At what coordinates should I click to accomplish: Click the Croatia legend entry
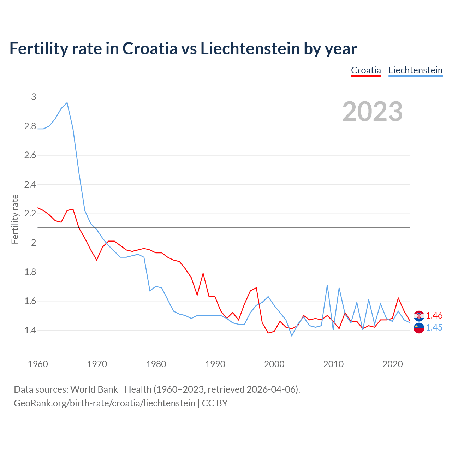366,70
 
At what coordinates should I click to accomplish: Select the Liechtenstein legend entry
415,70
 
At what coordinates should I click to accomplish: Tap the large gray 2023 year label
373,112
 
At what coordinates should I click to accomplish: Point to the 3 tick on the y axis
34,97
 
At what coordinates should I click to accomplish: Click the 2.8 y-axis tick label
30,126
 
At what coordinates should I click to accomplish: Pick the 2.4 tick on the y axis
30,184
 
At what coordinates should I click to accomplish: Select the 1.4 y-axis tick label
30,331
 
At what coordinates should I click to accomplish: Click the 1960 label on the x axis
38,364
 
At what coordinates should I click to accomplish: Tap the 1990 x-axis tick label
215,364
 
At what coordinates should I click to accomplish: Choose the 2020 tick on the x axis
392,364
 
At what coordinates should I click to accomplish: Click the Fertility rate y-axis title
15,219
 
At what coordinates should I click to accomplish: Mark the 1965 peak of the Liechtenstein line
67,103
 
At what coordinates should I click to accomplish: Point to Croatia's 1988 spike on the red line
203,273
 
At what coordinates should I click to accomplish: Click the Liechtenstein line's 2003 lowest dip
292,336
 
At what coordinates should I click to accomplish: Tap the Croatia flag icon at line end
419,315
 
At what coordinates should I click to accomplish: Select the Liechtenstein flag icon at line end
419,328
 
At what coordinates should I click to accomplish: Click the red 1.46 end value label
434,315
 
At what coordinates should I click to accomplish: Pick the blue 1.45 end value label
434,328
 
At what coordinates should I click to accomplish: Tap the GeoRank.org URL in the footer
105,403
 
